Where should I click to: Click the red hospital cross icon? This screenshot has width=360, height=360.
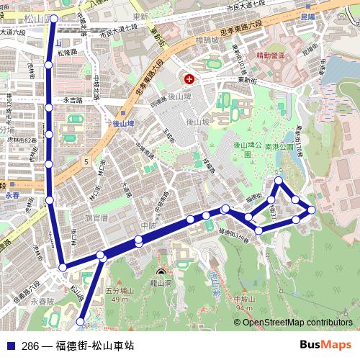pyautogui.click(x=189, y=78)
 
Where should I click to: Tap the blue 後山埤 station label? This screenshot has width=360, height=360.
pyautogui.click(x=126, y=124)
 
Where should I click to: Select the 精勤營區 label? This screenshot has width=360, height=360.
pyautogui.click(x=271, y=54)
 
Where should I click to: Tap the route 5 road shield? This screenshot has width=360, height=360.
pyautogui.click(x=86, y=163)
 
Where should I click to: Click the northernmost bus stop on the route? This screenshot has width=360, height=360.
pyautogui.click(x=53, y=20)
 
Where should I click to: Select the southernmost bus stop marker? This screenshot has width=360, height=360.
pyautogui.click(x=80, y=321)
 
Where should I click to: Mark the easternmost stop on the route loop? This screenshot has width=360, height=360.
pyautogui.click(x=312, y=210)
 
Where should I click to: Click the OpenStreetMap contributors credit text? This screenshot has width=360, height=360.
pyautogui.click(x=298, y=323)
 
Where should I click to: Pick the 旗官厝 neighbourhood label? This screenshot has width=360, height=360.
pyautogui.click(x=95, y=216)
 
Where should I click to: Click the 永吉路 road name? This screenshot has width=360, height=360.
pyautogui.click(x=74, y=100)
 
